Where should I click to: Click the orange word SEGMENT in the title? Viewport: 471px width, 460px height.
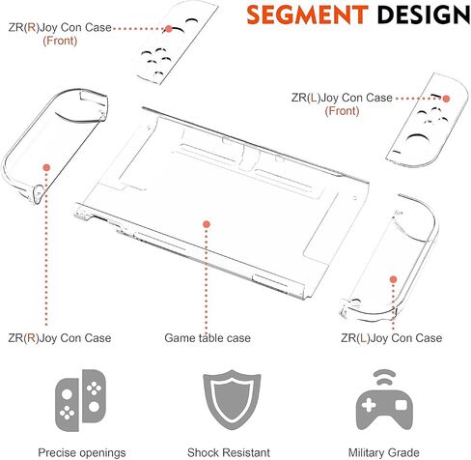click(307, 14)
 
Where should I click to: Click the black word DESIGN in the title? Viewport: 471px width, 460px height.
click(424, 14)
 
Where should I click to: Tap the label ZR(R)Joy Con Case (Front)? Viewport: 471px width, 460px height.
click(60, 34)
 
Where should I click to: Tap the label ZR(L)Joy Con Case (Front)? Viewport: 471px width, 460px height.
click(342, 104)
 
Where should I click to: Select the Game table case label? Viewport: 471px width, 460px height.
click(208, 338)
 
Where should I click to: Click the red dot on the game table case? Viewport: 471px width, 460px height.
click(207, 224)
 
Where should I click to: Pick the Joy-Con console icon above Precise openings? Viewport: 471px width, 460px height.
click(80, 400)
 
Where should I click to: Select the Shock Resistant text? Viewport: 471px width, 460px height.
click(229, 452)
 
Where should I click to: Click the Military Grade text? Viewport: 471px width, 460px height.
click(384, 452)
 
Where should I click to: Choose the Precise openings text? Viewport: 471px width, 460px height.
click(82, 452)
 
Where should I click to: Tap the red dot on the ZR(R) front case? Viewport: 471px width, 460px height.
click(169, 29)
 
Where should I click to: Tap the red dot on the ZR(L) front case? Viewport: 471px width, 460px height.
click(446, 99)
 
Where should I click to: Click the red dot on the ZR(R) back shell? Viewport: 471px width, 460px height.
click(46, 167)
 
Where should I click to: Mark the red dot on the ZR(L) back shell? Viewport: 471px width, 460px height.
click(393, 279)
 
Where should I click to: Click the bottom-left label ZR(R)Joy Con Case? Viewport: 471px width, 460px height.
click(60, 338)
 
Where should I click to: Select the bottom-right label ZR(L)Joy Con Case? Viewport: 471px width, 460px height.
click(392, 338)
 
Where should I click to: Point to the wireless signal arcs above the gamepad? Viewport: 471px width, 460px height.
click(384, 377)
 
